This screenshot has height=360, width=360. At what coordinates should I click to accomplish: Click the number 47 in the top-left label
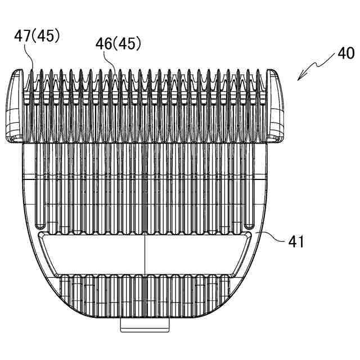coord(24,37)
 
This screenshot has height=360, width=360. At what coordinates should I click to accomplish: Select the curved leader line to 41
coord(270,236)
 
